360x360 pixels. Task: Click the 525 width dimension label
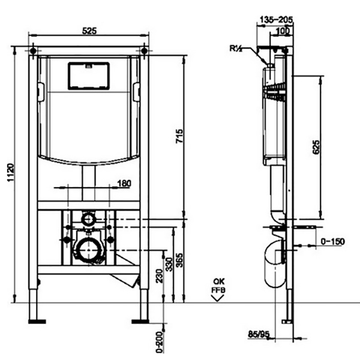89,31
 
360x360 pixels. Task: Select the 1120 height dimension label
11,172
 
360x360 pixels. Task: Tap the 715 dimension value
179,136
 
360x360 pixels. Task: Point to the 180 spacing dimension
124,184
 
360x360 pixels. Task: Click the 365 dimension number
179,260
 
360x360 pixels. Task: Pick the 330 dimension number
169,264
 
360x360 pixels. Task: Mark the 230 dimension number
159,275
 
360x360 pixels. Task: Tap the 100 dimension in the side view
282,31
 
